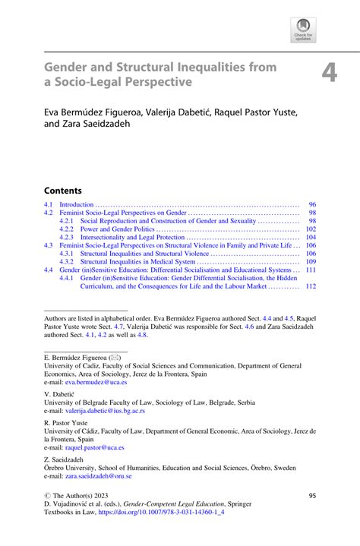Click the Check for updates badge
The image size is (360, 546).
(x=304, y=30)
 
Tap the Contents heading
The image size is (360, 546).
(x=62, y=190)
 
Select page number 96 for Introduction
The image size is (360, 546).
(x=311, y=205)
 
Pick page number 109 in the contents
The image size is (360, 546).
(x=311, y=261)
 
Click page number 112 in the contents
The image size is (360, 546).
(x=311, y=286)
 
